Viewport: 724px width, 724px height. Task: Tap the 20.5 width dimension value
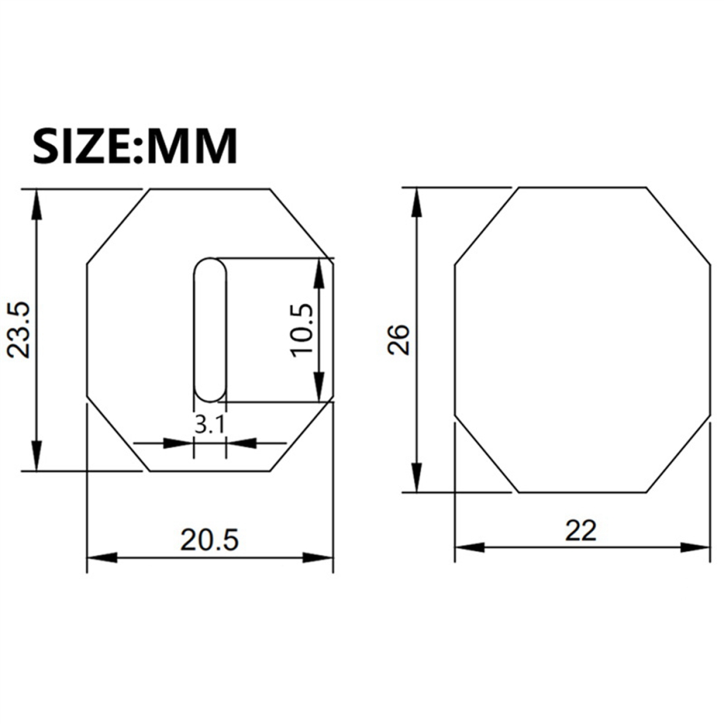[209, 540]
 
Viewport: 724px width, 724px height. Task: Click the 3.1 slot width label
[210, 424]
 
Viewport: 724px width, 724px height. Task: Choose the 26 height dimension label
[399, 339]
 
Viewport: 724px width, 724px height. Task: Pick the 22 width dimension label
[581, 530]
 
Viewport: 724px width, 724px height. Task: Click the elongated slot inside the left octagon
[211, 329]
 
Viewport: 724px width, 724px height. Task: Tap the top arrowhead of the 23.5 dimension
[37, 205]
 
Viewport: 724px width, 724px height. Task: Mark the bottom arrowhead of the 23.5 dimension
[37, 456]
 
